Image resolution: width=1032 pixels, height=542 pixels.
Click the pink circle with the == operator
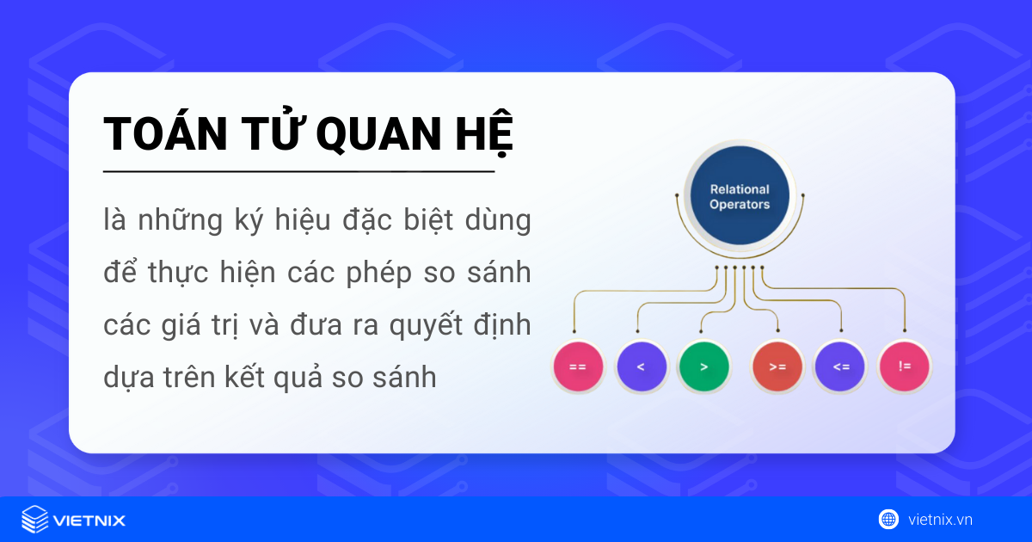[577, 366]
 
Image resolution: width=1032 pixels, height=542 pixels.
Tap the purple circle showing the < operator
[641, 366]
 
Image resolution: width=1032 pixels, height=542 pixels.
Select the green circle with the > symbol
[703, 366]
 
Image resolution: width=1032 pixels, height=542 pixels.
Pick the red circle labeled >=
[777, 366]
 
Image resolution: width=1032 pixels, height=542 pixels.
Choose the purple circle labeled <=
[840, 366]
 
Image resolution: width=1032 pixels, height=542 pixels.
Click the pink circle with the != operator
[905, 366]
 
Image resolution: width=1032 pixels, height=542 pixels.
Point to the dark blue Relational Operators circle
[740, 197]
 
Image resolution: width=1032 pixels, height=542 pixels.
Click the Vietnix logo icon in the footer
[34, 520]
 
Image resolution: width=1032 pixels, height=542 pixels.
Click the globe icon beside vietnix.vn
[888, 519]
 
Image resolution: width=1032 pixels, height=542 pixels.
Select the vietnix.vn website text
[940, 520]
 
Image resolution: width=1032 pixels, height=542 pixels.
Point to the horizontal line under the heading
[298, 172]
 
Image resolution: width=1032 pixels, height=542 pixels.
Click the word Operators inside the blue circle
[740, 205]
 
